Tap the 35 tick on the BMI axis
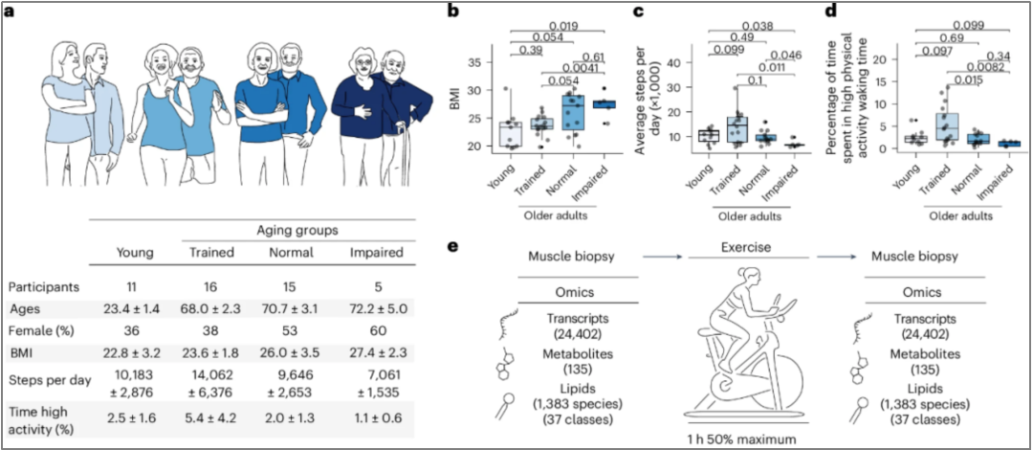point(489,63)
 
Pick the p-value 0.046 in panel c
point(780,55)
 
